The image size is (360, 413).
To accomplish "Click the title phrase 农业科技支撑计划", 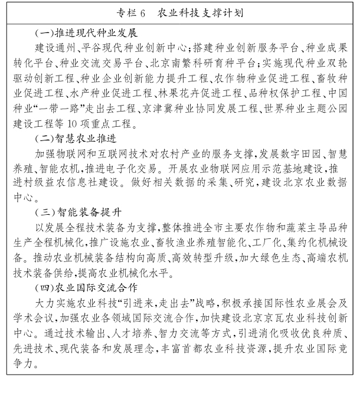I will pyautogui.click(x=202, y=12).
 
